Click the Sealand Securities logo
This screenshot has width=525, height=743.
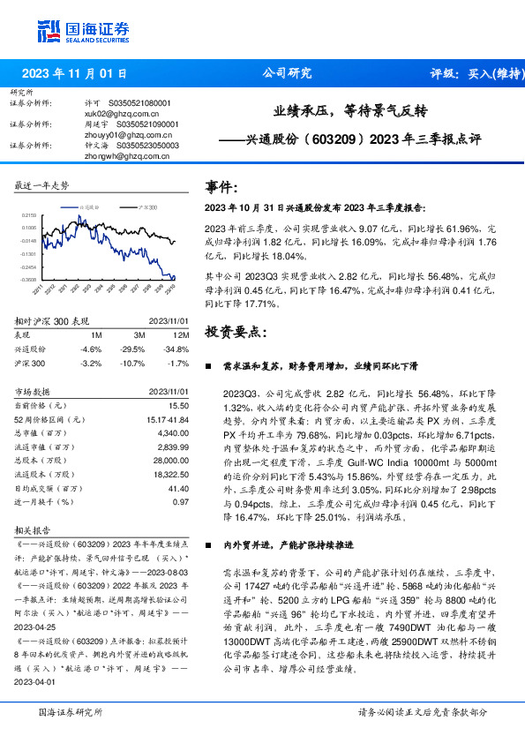point(79,32)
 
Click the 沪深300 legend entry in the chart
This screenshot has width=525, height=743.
point(146,206)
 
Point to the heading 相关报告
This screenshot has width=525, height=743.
point(34,532)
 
